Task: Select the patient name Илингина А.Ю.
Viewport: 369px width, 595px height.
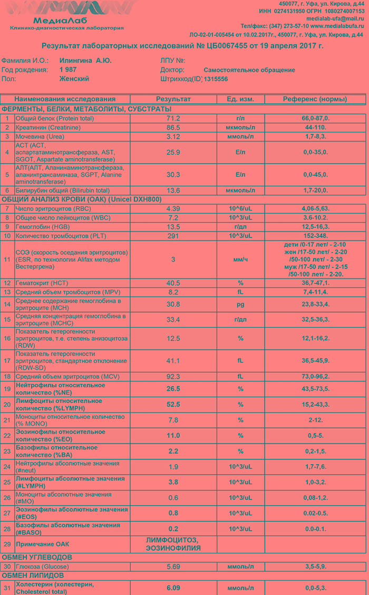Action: pos(85,61)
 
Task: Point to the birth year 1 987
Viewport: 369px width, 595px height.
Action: pos(68,70)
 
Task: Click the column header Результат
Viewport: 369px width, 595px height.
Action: pos(173,99)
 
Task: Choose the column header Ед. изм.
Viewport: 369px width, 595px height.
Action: pos(240,99)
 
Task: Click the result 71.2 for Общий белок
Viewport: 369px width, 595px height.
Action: pos(173,119)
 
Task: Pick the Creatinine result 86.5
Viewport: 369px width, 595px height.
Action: pos(173,128)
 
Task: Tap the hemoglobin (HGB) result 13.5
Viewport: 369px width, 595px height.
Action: pos(173,226)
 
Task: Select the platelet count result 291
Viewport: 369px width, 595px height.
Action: pos(173,235)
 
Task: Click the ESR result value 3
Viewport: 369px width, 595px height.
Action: pos(173,260)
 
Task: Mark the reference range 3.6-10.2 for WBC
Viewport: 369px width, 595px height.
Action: pos(315,217)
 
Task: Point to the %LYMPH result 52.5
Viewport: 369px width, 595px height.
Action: pos(173,405)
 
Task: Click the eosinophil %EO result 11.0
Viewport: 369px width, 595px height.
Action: pos(173,436)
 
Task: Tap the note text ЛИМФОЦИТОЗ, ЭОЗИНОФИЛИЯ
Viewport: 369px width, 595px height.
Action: pos(173,544)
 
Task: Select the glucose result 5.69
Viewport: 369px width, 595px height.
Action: pos(173,567)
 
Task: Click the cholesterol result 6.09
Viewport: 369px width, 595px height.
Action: pos(173,588)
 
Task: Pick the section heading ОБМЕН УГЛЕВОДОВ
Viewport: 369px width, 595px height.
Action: pos(37,557)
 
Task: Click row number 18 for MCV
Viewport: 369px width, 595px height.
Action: pos(7,377)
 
